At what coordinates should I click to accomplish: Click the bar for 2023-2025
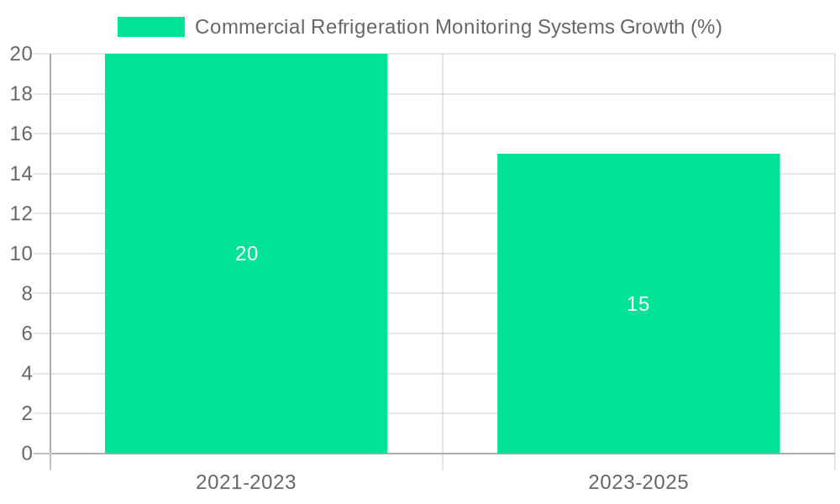(638, 378)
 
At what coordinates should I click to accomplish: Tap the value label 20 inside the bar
(246, 254)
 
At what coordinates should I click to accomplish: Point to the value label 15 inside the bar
(638, 304)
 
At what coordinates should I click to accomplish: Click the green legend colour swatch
(151, 27)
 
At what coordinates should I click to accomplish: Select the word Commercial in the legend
(249, 27)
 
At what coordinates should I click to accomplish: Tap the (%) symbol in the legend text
(706, 27)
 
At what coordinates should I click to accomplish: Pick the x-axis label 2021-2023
(246, 482)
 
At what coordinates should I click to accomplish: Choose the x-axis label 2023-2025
(638, 482)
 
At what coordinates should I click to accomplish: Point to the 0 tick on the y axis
(26, 454)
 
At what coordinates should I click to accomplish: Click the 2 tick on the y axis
(26, 413)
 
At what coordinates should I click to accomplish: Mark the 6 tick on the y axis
(26, 333)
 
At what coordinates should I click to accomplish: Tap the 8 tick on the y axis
(26, 293)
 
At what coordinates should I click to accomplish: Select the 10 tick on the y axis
(21, 254)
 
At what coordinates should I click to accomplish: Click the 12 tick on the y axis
(21, 213)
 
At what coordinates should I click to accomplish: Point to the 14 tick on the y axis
(21, 174)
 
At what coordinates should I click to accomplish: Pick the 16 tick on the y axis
(21, 134)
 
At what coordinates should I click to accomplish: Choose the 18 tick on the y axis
(21, 94)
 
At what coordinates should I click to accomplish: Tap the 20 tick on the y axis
(21, 55)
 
